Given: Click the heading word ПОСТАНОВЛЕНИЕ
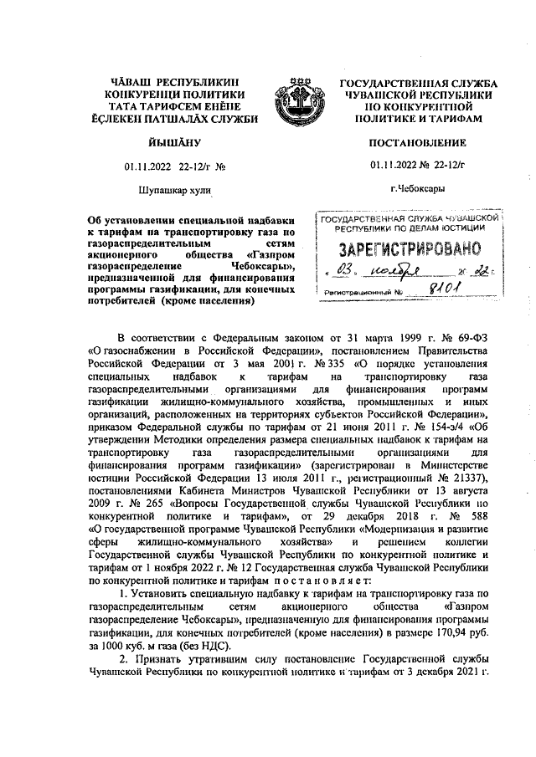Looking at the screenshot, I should pyautogui.click(x=417, y=144).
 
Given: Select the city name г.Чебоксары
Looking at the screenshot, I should pyautogui.click(x=417, y=189).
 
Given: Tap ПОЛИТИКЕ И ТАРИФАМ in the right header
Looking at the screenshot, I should pyautogui.click(x=417, y=120).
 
